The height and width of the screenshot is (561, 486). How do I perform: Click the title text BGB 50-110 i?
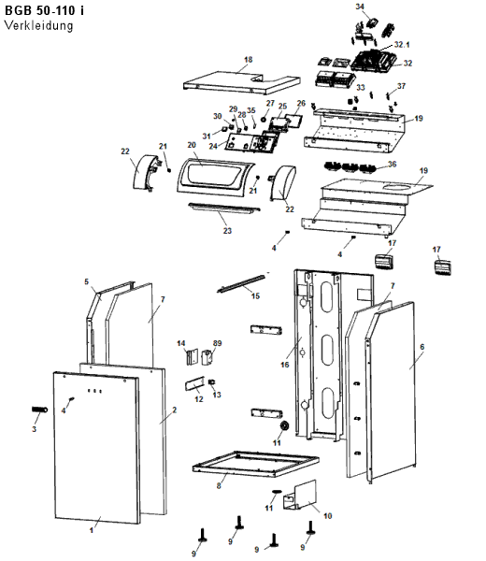pyautogui.click(x=44, y=10)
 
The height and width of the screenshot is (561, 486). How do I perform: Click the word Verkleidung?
pyautogui.click(x=38, y=25)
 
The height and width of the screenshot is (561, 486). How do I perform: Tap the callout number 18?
pyautogui.click(x=249, y=60)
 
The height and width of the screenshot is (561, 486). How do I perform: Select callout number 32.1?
pyautogui.click(x=402, y=44)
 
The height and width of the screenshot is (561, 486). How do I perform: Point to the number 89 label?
pyautogui.click(x=217, y=343)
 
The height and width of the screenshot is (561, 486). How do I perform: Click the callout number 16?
pyautogui.click(x=285, y=365)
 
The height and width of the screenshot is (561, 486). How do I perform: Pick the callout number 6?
pyautogui.click(x=422, y=347)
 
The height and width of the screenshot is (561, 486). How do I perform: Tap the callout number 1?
pyautogui.click(x=92, y=530)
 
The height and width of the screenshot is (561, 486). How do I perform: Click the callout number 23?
pyautogui.click(x=227, y=231)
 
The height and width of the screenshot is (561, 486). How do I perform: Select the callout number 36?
pyautogui.click(x=392, y=164)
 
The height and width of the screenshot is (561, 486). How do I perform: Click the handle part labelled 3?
pyautogui.click(x=39, y=410)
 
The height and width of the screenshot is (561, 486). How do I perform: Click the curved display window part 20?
pyautogui.click(x=216, y=178)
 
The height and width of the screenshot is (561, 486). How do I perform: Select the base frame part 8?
pyautogui.click(x=256, y=465)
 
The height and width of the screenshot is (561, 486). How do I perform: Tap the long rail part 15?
pyautogui.click(x=241, y=282)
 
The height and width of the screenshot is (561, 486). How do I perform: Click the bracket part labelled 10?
pyautogui.click(x=300, y=496)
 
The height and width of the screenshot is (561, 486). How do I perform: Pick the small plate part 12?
pyautogui.click(x=194, y=383)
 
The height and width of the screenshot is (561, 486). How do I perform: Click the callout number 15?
pyautogui.click(x=255, y=295)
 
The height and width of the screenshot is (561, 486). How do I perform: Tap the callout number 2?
pyautogui.click(x=174, y=410)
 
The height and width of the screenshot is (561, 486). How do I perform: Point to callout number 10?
pyautogui.click(x=327, y=515)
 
